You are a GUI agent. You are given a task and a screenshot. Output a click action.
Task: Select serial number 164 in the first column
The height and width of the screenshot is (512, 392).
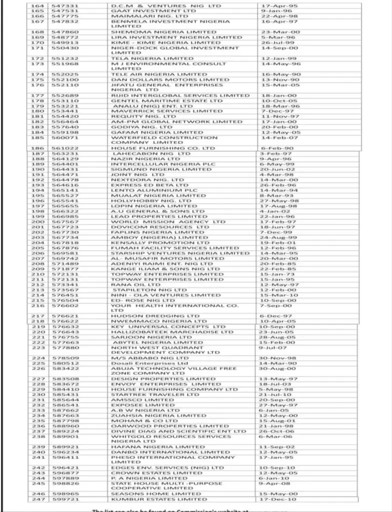38,5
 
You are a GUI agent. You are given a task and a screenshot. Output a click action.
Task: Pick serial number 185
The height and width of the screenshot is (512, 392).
38,137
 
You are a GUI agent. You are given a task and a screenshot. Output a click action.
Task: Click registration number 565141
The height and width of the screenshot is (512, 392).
64,190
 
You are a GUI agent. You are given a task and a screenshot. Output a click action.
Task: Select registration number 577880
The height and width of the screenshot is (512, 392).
64,347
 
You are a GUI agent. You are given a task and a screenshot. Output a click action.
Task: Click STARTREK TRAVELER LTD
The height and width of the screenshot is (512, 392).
148,394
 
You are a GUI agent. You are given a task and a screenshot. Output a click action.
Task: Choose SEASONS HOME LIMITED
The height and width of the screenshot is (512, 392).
149,493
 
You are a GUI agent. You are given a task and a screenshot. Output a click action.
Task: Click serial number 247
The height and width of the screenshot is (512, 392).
38,499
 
